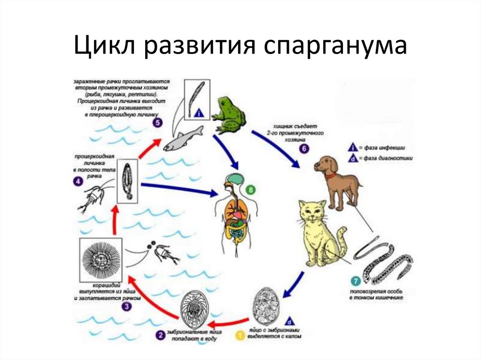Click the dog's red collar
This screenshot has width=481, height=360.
(x=330, y=176)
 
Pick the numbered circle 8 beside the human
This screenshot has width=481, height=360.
(x=250, y=190)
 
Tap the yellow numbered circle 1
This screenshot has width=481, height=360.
(x=240, y=335)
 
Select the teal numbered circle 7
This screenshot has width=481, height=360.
(x=356, y=283)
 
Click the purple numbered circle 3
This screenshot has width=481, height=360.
(x=126, y=306)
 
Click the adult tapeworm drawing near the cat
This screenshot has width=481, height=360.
(x=383, y=263)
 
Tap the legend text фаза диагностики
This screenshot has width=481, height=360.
(x=389, y=159)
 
